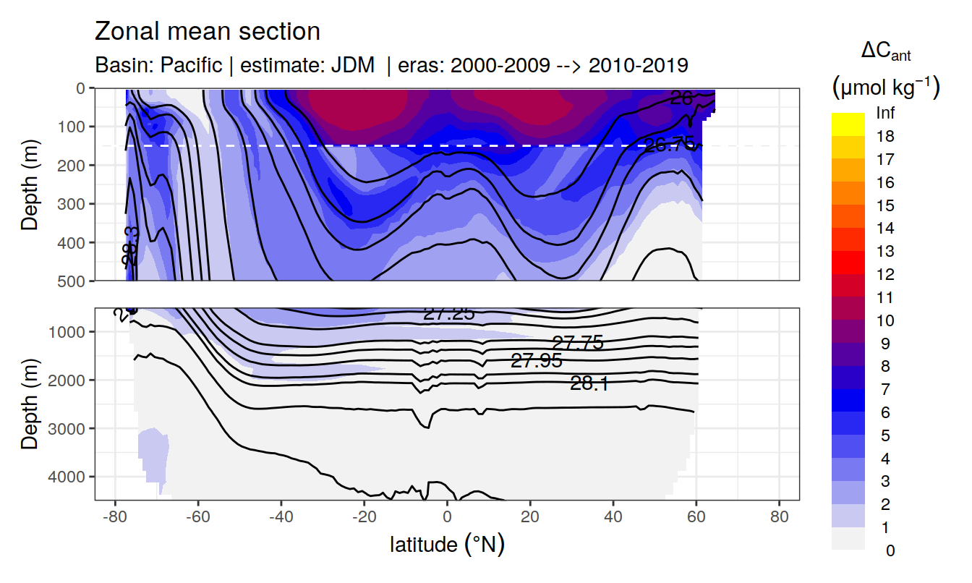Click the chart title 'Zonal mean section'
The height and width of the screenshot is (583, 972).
[207, 32]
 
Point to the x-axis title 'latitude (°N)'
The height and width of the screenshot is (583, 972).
[447, 544]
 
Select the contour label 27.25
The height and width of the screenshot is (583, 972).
[448, 314]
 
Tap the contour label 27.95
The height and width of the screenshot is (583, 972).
[536, 361]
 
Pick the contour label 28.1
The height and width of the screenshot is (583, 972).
[589, 384]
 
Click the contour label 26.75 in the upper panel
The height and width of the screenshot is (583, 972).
[669, 145]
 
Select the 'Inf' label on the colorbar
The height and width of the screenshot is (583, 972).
[885, 114]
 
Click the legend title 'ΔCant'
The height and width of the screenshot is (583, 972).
[885, 52]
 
